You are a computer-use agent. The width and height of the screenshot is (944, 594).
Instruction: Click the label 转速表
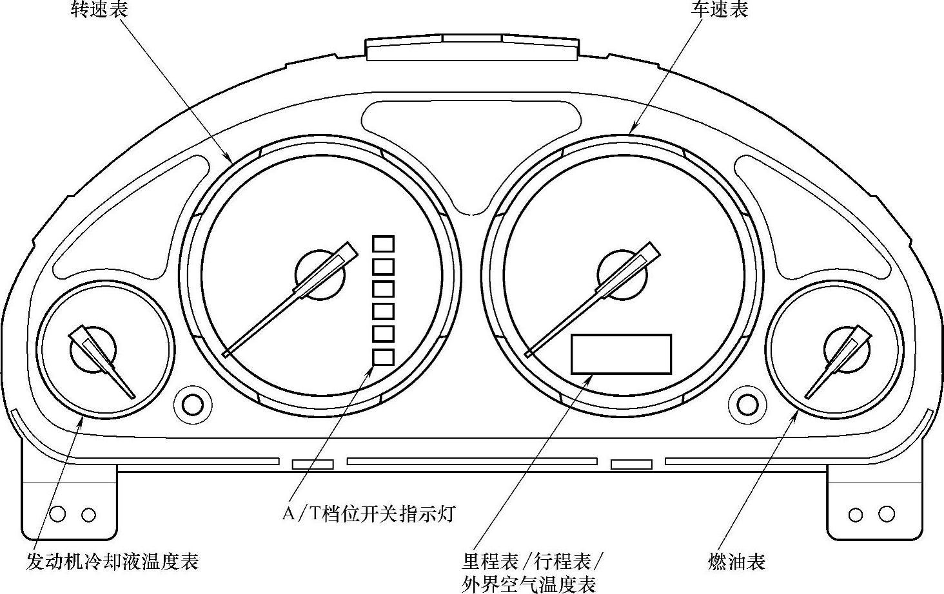(x=99, y=10)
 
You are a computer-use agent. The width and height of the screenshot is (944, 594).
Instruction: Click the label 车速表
(x=720, y=10)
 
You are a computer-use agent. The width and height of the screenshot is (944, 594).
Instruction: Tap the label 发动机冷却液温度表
(x=112, y=561)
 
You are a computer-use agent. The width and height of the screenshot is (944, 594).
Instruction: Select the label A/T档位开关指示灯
(x=369, y=513)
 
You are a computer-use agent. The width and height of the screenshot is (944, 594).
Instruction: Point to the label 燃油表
(x=736, y=561)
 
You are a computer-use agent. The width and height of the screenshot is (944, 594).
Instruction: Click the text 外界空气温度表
(x=529, y=584)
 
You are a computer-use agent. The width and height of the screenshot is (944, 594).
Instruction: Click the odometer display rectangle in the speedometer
(x=622, y=354)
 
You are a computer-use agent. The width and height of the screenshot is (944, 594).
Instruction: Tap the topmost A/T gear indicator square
(x=384, y=244)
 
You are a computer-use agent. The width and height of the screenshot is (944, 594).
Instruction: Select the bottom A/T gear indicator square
(x=384, y=356)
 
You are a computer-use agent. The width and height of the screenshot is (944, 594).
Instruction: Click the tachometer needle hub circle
(x=320, y=274)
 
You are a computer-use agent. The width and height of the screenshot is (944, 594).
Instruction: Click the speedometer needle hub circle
(x=624, y=274)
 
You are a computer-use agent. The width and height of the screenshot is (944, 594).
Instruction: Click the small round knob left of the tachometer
(x=192, y=405)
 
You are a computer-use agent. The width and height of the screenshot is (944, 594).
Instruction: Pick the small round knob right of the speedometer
(x=747, y=405)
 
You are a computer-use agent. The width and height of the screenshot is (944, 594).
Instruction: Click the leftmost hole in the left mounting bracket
(x=57, y=514)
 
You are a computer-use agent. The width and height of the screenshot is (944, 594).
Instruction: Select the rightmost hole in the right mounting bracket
(x=887, y=514)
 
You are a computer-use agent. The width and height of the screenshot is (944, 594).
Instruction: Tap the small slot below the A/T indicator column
(x=313, y=464)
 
